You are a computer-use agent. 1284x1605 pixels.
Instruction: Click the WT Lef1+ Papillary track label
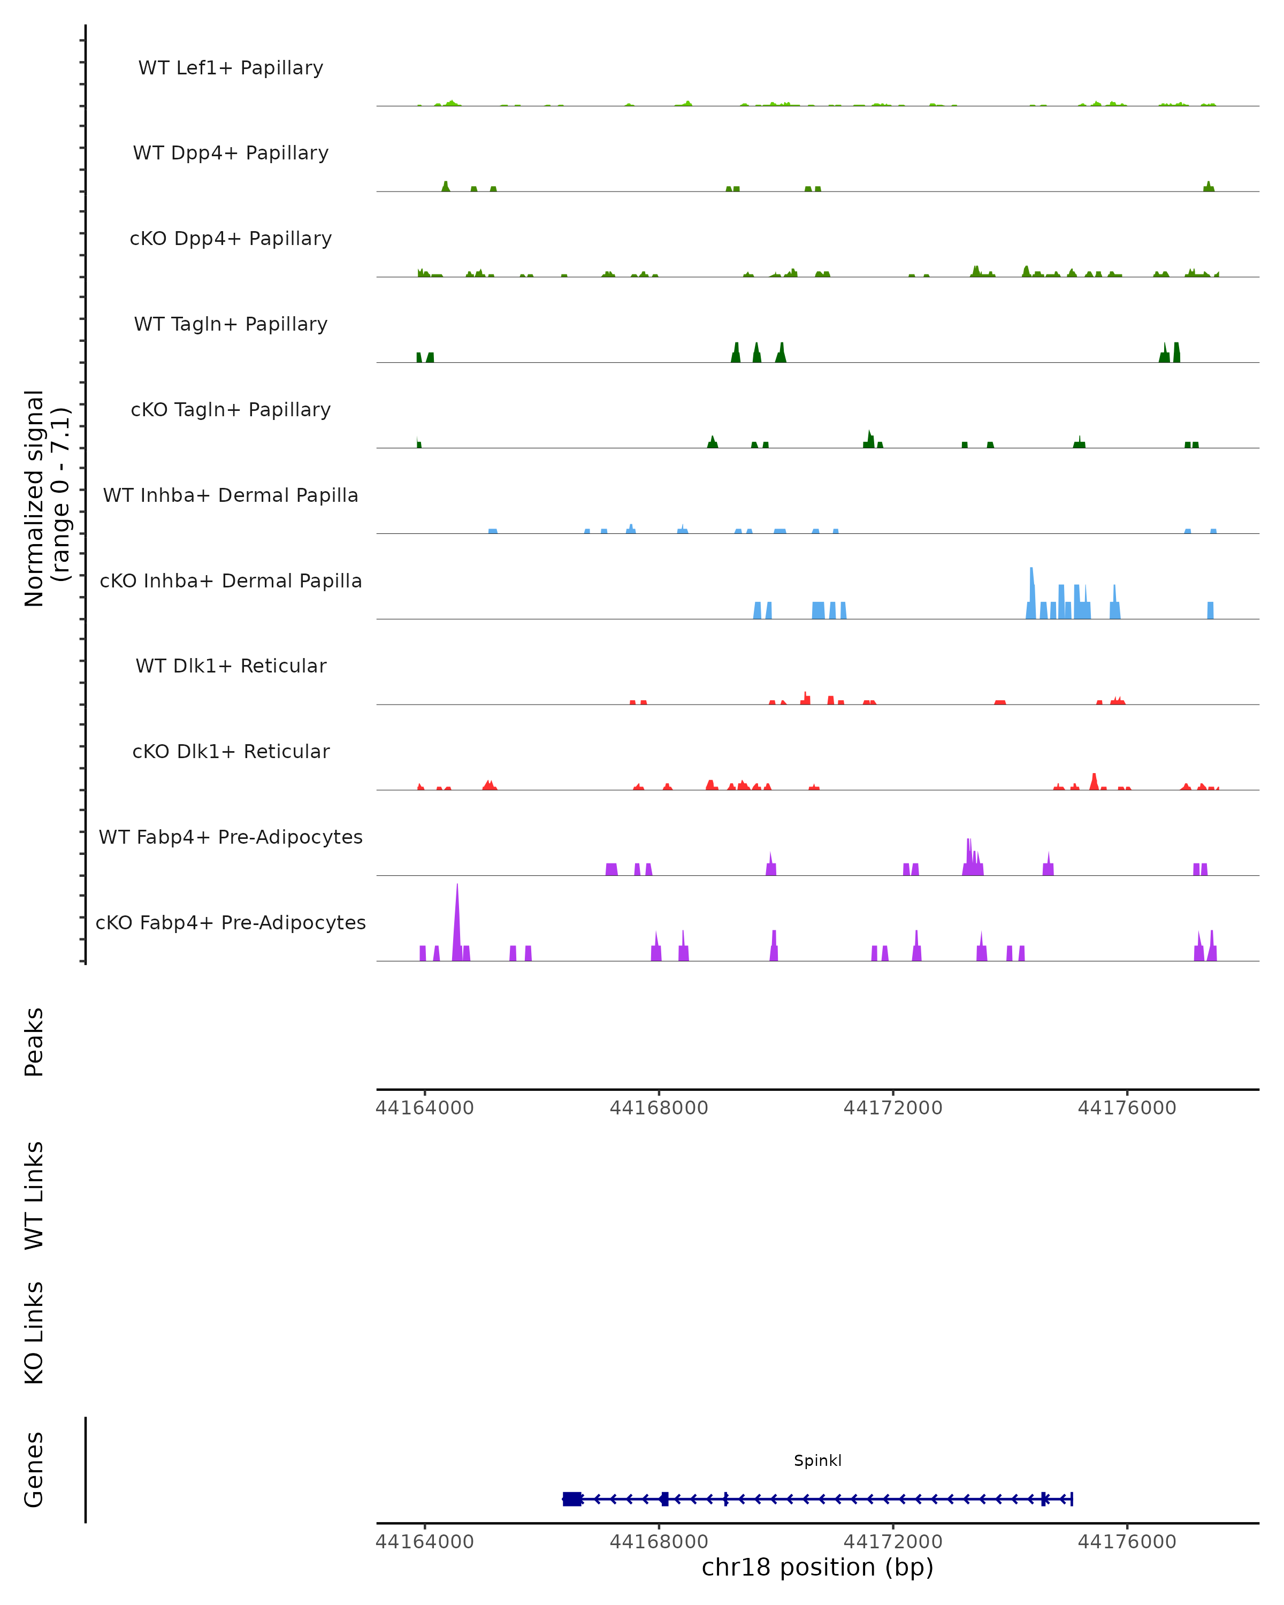click(231, 68)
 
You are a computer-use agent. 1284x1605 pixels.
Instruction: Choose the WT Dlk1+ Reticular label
click(231, 666)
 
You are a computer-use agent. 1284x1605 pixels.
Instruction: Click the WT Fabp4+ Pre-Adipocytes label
click(231, 837)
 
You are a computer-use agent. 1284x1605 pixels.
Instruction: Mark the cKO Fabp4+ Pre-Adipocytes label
click(231, 922)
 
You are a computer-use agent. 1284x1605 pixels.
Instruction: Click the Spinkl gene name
click(817, 1461)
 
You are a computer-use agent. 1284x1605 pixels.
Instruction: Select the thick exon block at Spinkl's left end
click(572, 1499)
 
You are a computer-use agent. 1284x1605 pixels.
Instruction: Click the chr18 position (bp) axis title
click(817, 1567)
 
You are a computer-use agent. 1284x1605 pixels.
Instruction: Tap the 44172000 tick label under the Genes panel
click(892, 1541)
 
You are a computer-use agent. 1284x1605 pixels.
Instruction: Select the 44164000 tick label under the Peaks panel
click(424, 1108)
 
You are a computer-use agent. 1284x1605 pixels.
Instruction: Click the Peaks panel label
click(34, 1042)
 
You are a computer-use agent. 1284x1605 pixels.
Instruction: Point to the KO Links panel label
click(34, 1333)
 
